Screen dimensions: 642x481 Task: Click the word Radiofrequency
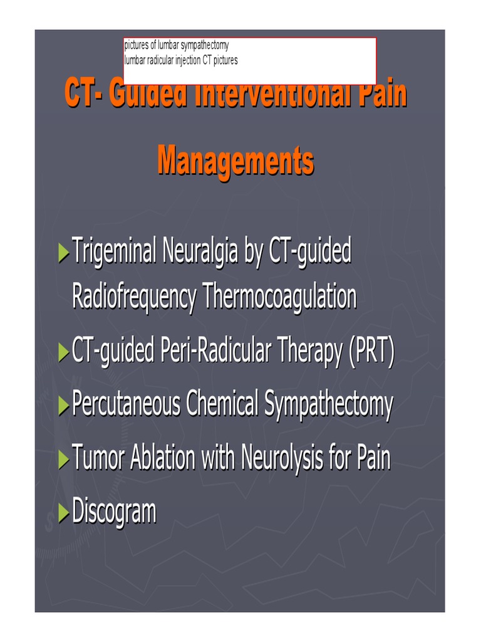pyautogui.click(x=134, y=297)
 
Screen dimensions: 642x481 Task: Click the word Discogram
pyautogui.click(x=114, y=512)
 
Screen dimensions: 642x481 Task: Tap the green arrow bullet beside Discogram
pyautogui.click(x=63, y=513)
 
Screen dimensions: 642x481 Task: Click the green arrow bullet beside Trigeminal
pyautogui.click(x=63, y=254)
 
